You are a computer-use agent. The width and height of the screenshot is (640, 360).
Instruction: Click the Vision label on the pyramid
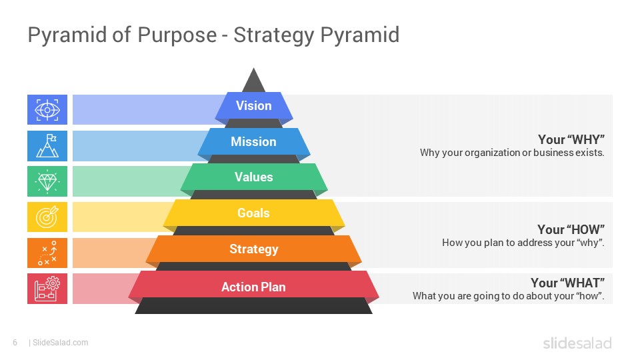[253, 106]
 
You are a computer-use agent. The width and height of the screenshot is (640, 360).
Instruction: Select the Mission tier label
[253, 141]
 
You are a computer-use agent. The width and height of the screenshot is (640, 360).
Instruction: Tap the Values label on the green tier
[253, 177]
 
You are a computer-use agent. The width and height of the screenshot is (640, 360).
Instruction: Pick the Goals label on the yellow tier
[253, 213]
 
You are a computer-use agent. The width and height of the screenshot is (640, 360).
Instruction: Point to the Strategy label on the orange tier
[253, 249]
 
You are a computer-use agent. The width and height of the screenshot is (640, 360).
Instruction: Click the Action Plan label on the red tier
[253, 287]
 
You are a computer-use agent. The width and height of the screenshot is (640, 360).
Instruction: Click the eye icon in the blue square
[47, 110]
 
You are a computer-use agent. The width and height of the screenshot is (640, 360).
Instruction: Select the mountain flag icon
[47, 146]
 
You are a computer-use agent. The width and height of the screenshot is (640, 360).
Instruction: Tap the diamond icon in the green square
[47, 181]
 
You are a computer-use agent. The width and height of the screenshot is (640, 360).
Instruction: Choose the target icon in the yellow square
[47, 217]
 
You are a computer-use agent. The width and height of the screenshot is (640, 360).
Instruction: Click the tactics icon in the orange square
[47, 253]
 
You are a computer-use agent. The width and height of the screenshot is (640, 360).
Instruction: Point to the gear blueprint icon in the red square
[47, 289]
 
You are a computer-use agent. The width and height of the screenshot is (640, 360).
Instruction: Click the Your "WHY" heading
[571, 139]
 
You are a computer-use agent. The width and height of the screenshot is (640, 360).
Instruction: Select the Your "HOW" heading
[571, 229]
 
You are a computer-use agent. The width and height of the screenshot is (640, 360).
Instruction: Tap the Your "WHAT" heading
[567, 283]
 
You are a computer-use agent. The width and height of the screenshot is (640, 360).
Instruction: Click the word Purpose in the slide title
[177, 35]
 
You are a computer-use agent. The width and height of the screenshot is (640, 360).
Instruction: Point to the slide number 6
[15, 343]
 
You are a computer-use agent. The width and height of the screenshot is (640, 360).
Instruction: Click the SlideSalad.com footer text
[60, 343]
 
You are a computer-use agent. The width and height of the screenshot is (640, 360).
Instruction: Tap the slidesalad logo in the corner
[577, 343]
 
